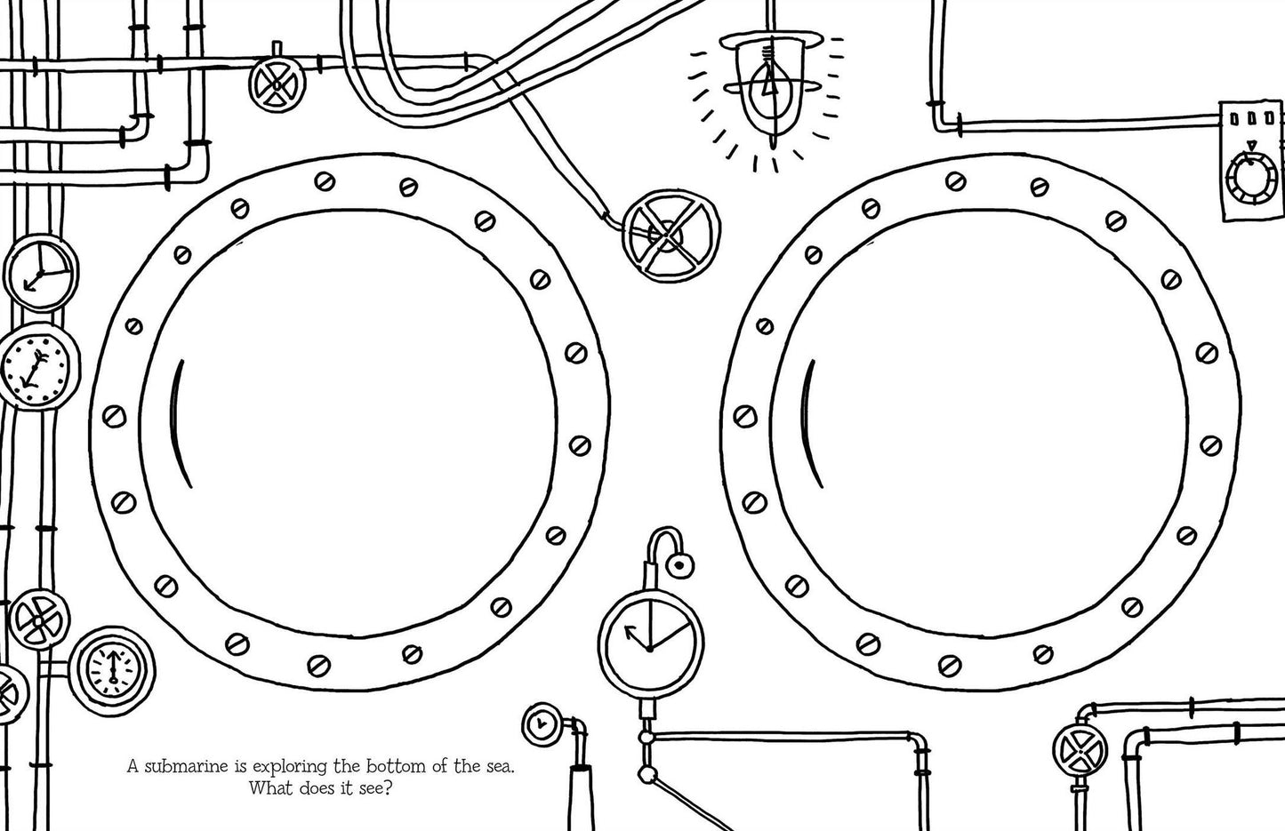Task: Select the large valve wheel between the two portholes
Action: [x=671, y=236]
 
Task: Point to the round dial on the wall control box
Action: [x=1251, y=177]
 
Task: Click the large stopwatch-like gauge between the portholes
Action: [x=651, y=643]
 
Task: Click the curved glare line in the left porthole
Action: [x=180, y=424]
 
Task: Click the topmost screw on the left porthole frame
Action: [x=325, y=182]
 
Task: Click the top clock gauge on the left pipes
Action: [x=41, y=273]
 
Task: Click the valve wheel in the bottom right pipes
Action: [x=1080, y=750]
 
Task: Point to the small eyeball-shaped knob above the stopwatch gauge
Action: [x=679, y=566]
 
